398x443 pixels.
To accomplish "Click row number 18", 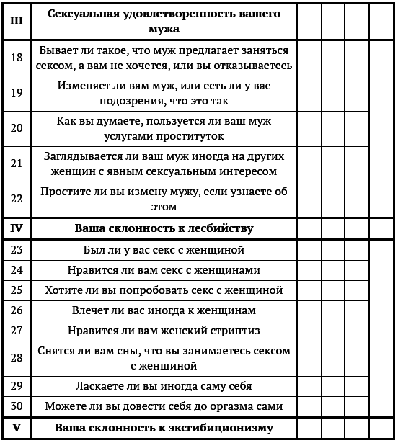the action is [17, 58].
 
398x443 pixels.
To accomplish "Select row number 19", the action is [17, 93].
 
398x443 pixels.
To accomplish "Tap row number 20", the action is [17, 128].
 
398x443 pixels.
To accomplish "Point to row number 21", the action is [17, 164].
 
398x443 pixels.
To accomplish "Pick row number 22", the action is [17, 199].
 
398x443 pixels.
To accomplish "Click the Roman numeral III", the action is [17, 22].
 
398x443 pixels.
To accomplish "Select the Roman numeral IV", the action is [17, 229].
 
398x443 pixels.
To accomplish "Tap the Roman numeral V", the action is [17, 428].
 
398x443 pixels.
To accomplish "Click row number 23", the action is [17, 250].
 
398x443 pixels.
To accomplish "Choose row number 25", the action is [17, 290].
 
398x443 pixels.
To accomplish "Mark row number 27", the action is [17, 331].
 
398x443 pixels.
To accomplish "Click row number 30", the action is [17, 406].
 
